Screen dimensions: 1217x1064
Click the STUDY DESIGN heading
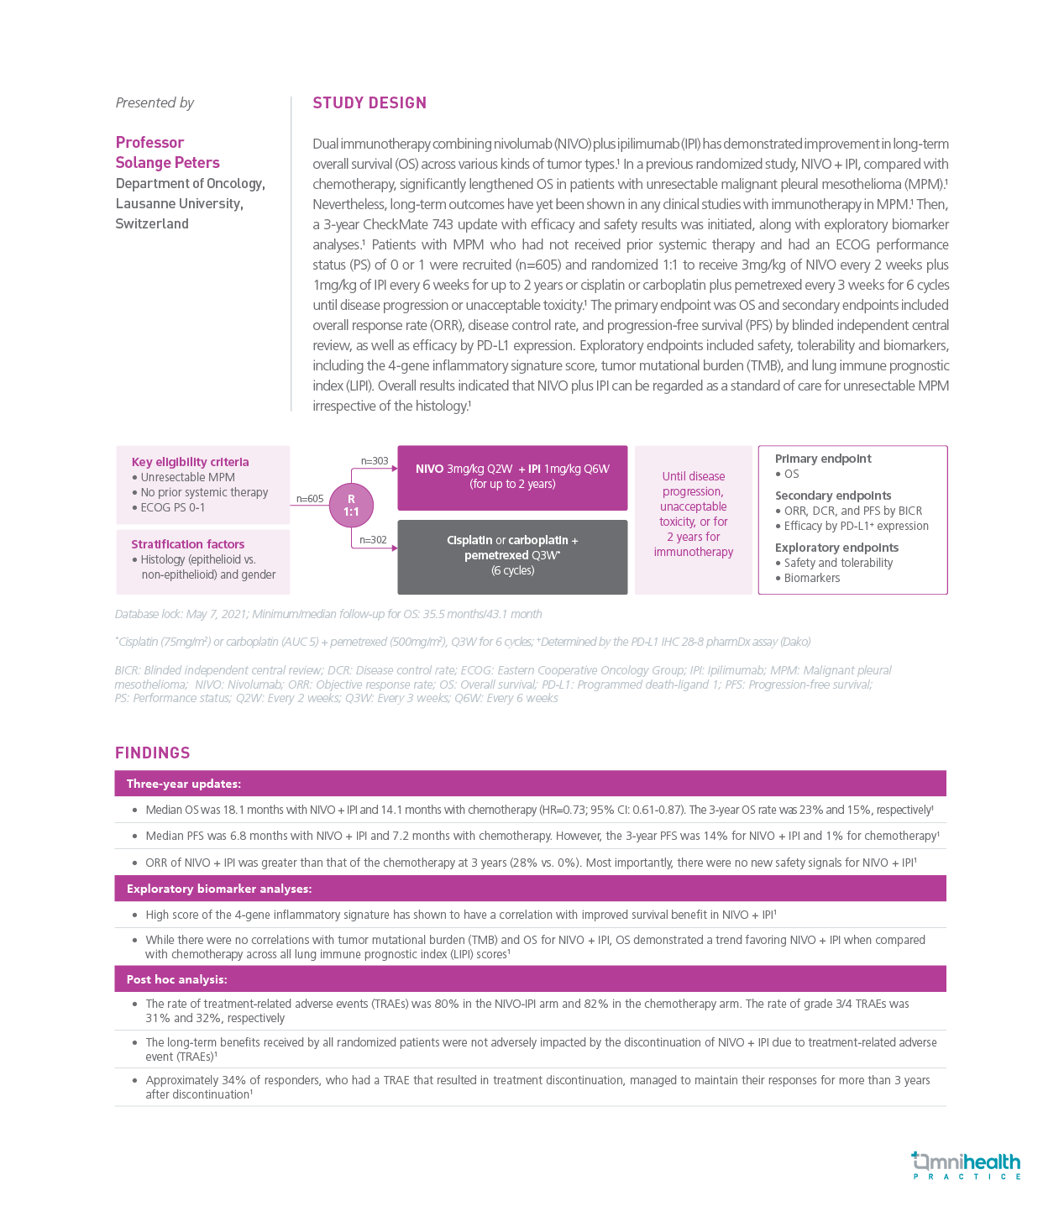click(x=370, y=103)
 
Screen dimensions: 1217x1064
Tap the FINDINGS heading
click(x=153, y=753)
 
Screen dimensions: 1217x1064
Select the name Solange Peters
click(x=167, y=163)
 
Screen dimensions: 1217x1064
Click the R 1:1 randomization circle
click(x=351, y=506)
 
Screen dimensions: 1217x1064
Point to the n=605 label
click(x=310, y=499)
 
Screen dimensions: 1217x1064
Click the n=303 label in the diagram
click(x=375, y=461)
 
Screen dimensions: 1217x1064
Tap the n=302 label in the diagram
click(x=373, y=540)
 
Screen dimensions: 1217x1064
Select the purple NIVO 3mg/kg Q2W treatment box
click(x=512, y=477)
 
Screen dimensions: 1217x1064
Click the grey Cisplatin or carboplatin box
click(x=512, y=556)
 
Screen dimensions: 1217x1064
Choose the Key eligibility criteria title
click(x=190, y=462)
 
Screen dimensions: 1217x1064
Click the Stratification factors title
click(x=187, y=544)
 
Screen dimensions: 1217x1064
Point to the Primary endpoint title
click(x=823, y=459)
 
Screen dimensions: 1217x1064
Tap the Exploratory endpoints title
click(x=836, y=548)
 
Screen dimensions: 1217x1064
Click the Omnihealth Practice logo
click(x=966, y=1165)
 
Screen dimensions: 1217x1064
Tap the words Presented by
click(x=155, y=103)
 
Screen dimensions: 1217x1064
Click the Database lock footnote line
click(x=328, y=614)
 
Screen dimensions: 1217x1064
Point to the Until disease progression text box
click(x=694, y=514)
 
